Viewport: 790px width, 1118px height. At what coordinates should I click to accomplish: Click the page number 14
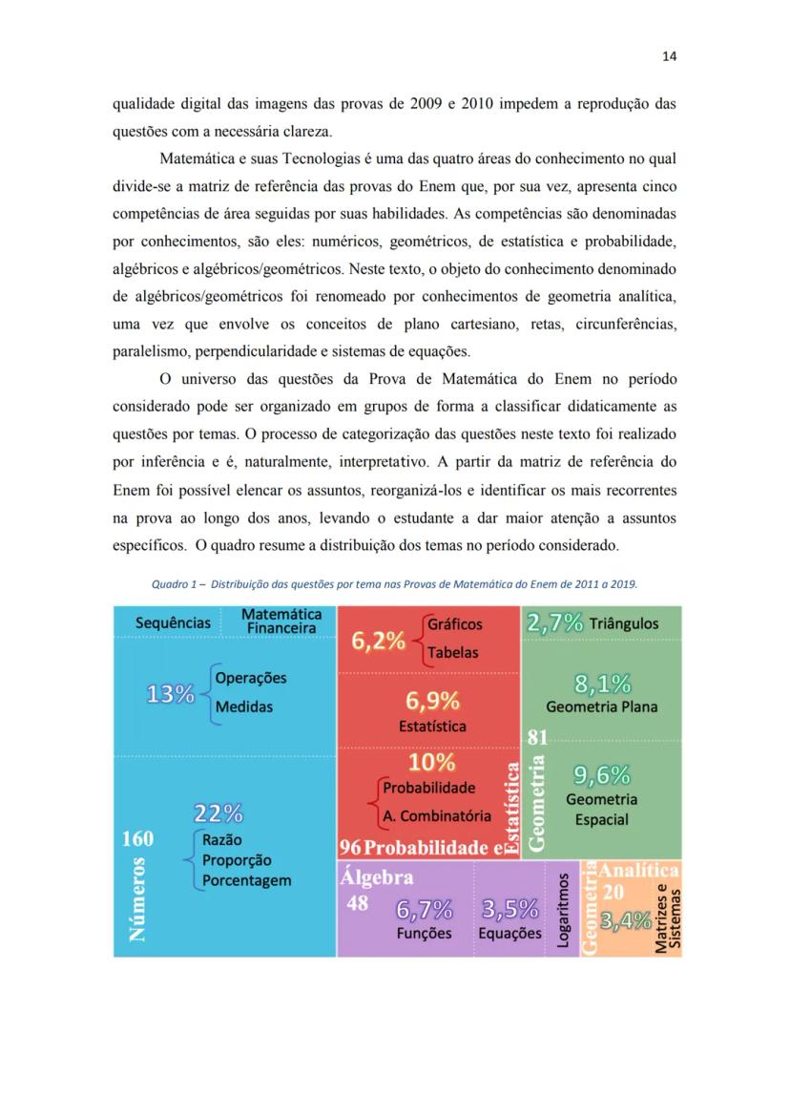(x=669, y=56)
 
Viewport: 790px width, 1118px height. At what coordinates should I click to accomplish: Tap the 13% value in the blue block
(x=170, y=694)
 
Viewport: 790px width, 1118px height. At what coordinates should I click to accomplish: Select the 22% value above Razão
(x=218, y=813)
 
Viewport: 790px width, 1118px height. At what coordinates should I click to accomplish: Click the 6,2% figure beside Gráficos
(x=379, y=641)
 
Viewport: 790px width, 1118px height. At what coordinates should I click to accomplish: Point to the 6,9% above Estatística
(x=433, y=702)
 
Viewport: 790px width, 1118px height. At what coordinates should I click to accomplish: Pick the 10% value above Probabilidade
(x=431, y=762)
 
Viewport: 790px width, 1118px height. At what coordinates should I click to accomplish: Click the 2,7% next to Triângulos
(x=554, y=622)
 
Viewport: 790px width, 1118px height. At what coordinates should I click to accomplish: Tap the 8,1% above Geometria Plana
(x=602, y=684)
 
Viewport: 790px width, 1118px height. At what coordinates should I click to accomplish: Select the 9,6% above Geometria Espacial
(x=601, y=774)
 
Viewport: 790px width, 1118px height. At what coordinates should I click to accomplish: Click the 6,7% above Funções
(x=425, y=909)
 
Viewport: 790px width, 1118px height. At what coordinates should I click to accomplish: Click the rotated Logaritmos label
(x=563, y=910)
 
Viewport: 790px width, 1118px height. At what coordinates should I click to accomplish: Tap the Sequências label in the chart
(x=173, y=622)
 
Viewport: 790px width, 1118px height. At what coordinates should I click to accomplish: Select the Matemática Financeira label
(x=281, y=622)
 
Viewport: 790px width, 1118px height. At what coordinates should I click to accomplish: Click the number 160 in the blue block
(x=138, y=839)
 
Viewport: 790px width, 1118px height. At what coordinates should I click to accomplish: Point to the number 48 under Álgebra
(x=358, y=902)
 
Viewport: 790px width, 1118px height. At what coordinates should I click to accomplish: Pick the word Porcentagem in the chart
(x=246, y=880)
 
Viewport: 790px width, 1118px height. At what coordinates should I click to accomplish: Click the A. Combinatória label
(x=437, y=816)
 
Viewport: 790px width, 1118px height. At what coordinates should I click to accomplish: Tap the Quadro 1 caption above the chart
(x=395, y=583)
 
